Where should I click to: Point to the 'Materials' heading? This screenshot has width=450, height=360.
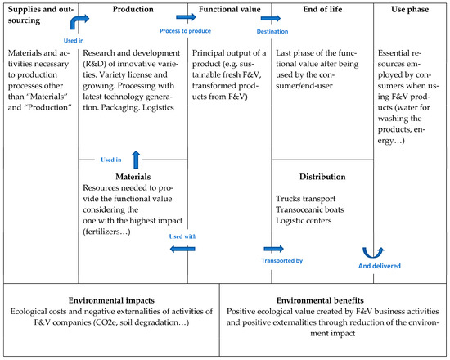(133, 174)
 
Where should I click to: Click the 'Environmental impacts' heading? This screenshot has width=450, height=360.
(110, 300)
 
